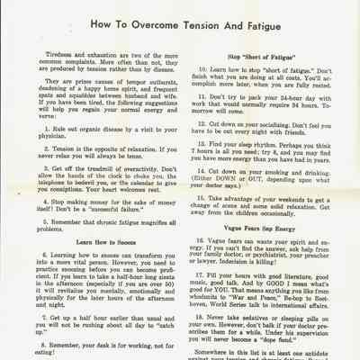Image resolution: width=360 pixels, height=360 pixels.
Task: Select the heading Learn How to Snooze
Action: point(100,242)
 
